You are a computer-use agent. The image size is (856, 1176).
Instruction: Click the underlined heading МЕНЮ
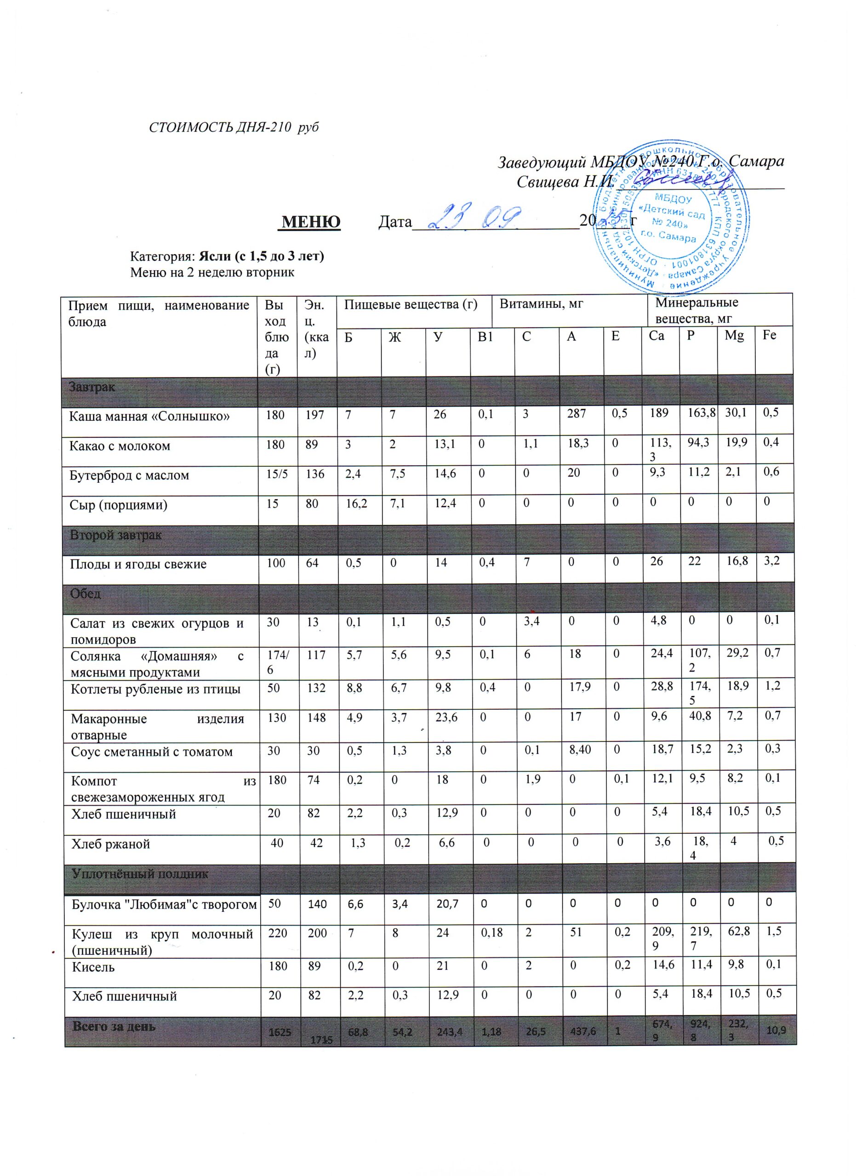click(310, 222)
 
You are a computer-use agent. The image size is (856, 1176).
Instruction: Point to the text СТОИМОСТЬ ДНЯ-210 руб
click(234, 127)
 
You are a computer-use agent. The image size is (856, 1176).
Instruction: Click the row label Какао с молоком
click(120, 446)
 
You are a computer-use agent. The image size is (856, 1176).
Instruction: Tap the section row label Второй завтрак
click(116, 535)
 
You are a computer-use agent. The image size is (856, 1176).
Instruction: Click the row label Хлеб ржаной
click(110, 843)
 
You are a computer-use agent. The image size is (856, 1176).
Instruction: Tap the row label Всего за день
click(114, 1026)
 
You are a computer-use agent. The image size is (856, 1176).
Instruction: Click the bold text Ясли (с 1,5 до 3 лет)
click(261, 256)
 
